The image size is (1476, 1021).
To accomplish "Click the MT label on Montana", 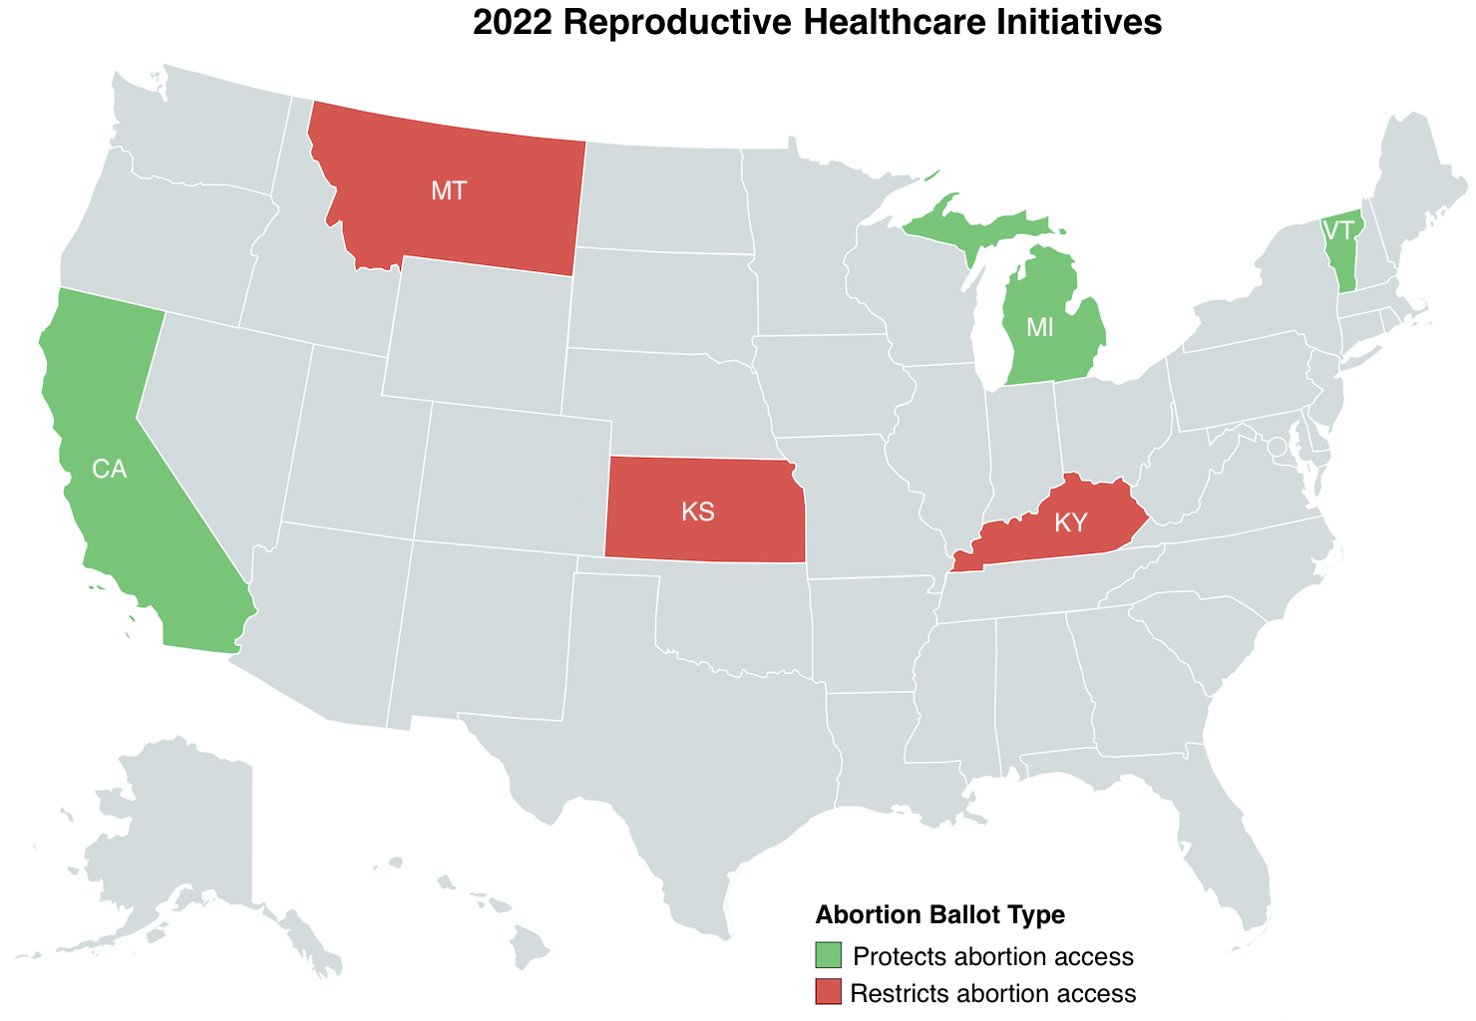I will pyautogui.click(x=449, y=191).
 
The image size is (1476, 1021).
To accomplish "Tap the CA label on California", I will pyautogui.click(x=110, y=469).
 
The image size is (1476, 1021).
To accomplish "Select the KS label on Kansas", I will pyautogui.click(x=698, y=512).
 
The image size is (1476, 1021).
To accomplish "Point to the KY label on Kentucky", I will pyautogui.click(x=1070, y=522).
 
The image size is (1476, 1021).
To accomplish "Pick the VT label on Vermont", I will pyautogui.click(x=1339, y=230).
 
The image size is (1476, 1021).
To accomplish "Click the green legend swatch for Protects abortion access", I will pyautogui.click(x=829, y=955).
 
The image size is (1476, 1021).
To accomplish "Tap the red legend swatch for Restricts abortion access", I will pyautogui.click(x=829, y=992).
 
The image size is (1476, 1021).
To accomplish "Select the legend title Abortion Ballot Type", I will pyautogui.click(x=939, y=914).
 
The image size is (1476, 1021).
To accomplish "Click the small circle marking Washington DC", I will pyautogui.click(x=1276, y=447).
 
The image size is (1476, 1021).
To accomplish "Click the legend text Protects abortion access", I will pyautogui.click(x=993, y=957).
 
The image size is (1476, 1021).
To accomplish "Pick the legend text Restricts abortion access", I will pyautogui.click(x=994, y=993).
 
